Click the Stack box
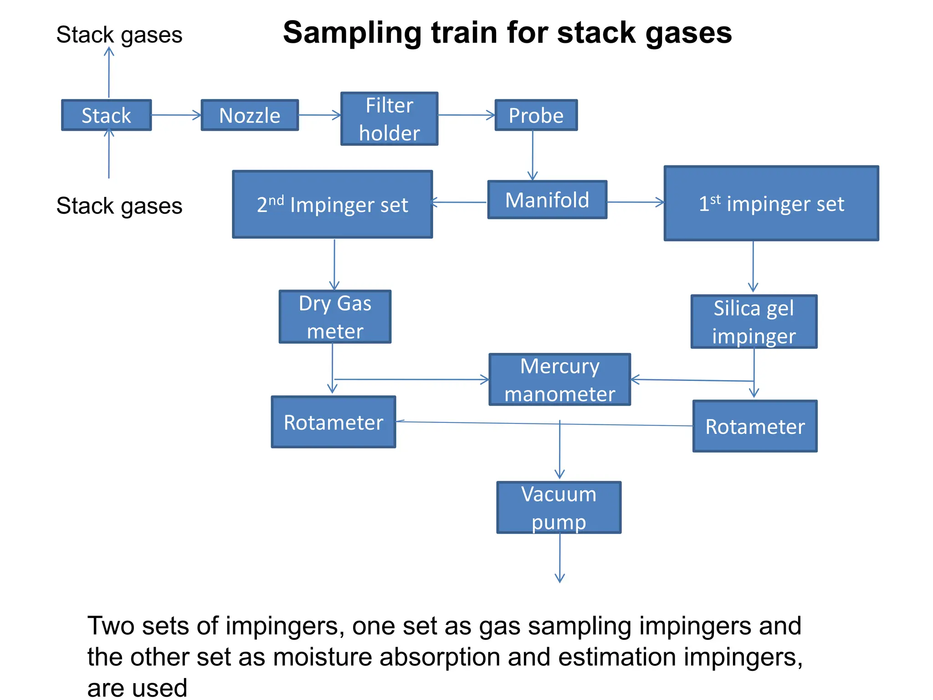[x=106, y=115]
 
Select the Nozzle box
[x=250, y=115]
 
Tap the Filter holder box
[x=390, y=119]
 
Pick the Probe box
[x=536, y=115]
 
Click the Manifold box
[x=547, y=200]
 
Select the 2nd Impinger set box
[x=332, y=205]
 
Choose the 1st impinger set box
[x=771, y=203]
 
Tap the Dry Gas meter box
[x=335, y=317]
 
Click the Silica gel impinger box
[x=754, y=322]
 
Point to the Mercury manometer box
[x=559, y=380]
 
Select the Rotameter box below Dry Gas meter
[x=333, y=422]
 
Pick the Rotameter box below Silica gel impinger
[x=755, y=426]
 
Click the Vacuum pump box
[x=559, y=508]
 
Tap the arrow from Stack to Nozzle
[x=176, y=115]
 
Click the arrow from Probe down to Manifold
[x=533, y=155]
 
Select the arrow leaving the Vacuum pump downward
[x=560, y=558]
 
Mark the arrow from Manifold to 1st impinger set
[x=635, y=202]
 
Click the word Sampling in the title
[x=351, y=33]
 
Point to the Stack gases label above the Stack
[x=119, y=35]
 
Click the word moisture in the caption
[x=323, y=657]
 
